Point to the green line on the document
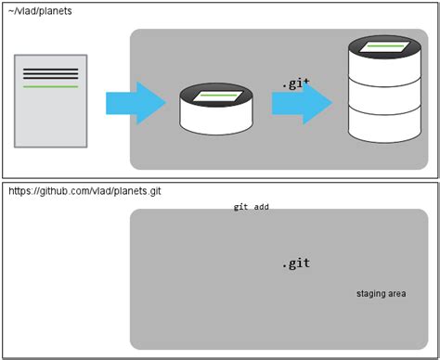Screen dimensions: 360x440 pyautogui.click(x=51, y=86)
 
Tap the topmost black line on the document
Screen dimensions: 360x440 pyautogui.click(x=51, y=69)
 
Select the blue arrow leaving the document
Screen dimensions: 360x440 pyautogui.click(x=134, y=102)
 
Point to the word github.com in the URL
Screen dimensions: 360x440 pyautogui.click(x=63, y=190)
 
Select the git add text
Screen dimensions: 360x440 pyautogui.click(x=251, y=207)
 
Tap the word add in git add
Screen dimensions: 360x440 pyautogui.click(x=262, y=207)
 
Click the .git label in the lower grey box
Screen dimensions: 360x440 pyautogui.click(x=295, y=264)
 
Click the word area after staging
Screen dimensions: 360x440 pyautogui.click(x=397, y=294)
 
